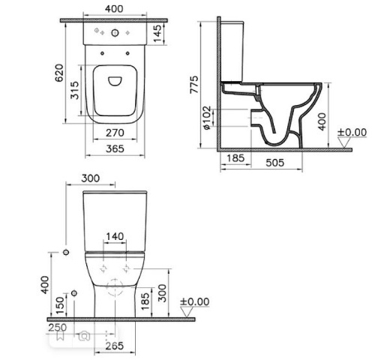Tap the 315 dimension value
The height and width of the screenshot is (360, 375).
click(76, 92)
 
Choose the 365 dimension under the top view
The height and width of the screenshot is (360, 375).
click(114, 149)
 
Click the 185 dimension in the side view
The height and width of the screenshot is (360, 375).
click(235, 159)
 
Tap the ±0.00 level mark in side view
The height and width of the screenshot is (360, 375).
click(350, 133)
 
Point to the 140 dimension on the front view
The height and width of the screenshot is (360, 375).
click(115, 237)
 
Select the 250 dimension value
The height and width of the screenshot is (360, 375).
click(57, 328)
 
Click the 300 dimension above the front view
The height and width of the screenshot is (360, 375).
click(90, 178)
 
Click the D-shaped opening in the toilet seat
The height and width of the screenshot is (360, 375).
click(115, 80)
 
